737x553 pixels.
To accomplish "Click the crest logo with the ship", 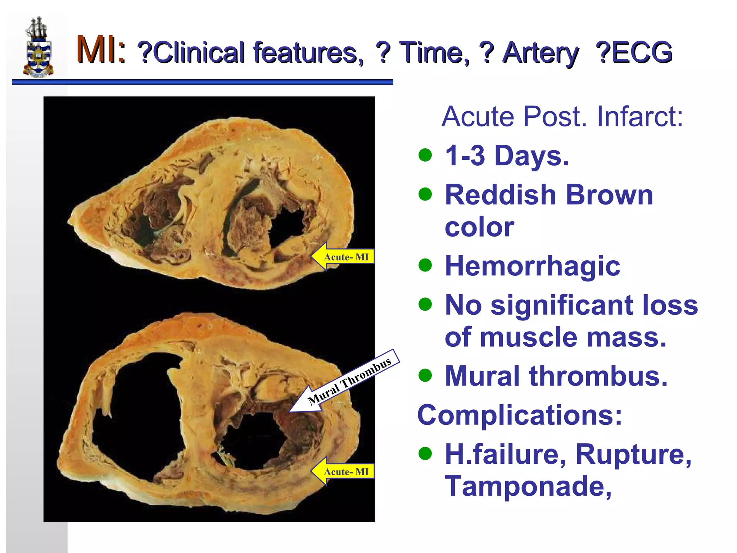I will click(38, 47).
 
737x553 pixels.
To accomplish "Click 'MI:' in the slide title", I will click(101, 50).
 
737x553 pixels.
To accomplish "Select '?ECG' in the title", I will click(634, 53).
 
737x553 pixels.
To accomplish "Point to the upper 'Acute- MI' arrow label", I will click(343, 257).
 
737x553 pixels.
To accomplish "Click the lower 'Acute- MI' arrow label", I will click(343, 471).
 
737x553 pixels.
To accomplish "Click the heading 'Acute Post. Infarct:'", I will click(562, 117).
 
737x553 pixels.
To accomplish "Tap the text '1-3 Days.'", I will click(507, 156).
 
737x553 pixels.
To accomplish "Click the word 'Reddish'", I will click(501, 195).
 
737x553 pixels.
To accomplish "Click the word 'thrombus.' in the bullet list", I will click(598, 376).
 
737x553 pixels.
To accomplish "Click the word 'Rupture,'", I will click(633, 454).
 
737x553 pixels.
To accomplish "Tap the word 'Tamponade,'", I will click(528, 486).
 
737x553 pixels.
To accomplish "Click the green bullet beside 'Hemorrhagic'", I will click(425, 266).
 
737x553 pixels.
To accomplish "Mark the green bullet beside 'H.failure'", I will click(425, 454).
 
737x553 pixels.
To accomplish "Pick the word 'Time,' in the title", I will click(434, 53).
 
